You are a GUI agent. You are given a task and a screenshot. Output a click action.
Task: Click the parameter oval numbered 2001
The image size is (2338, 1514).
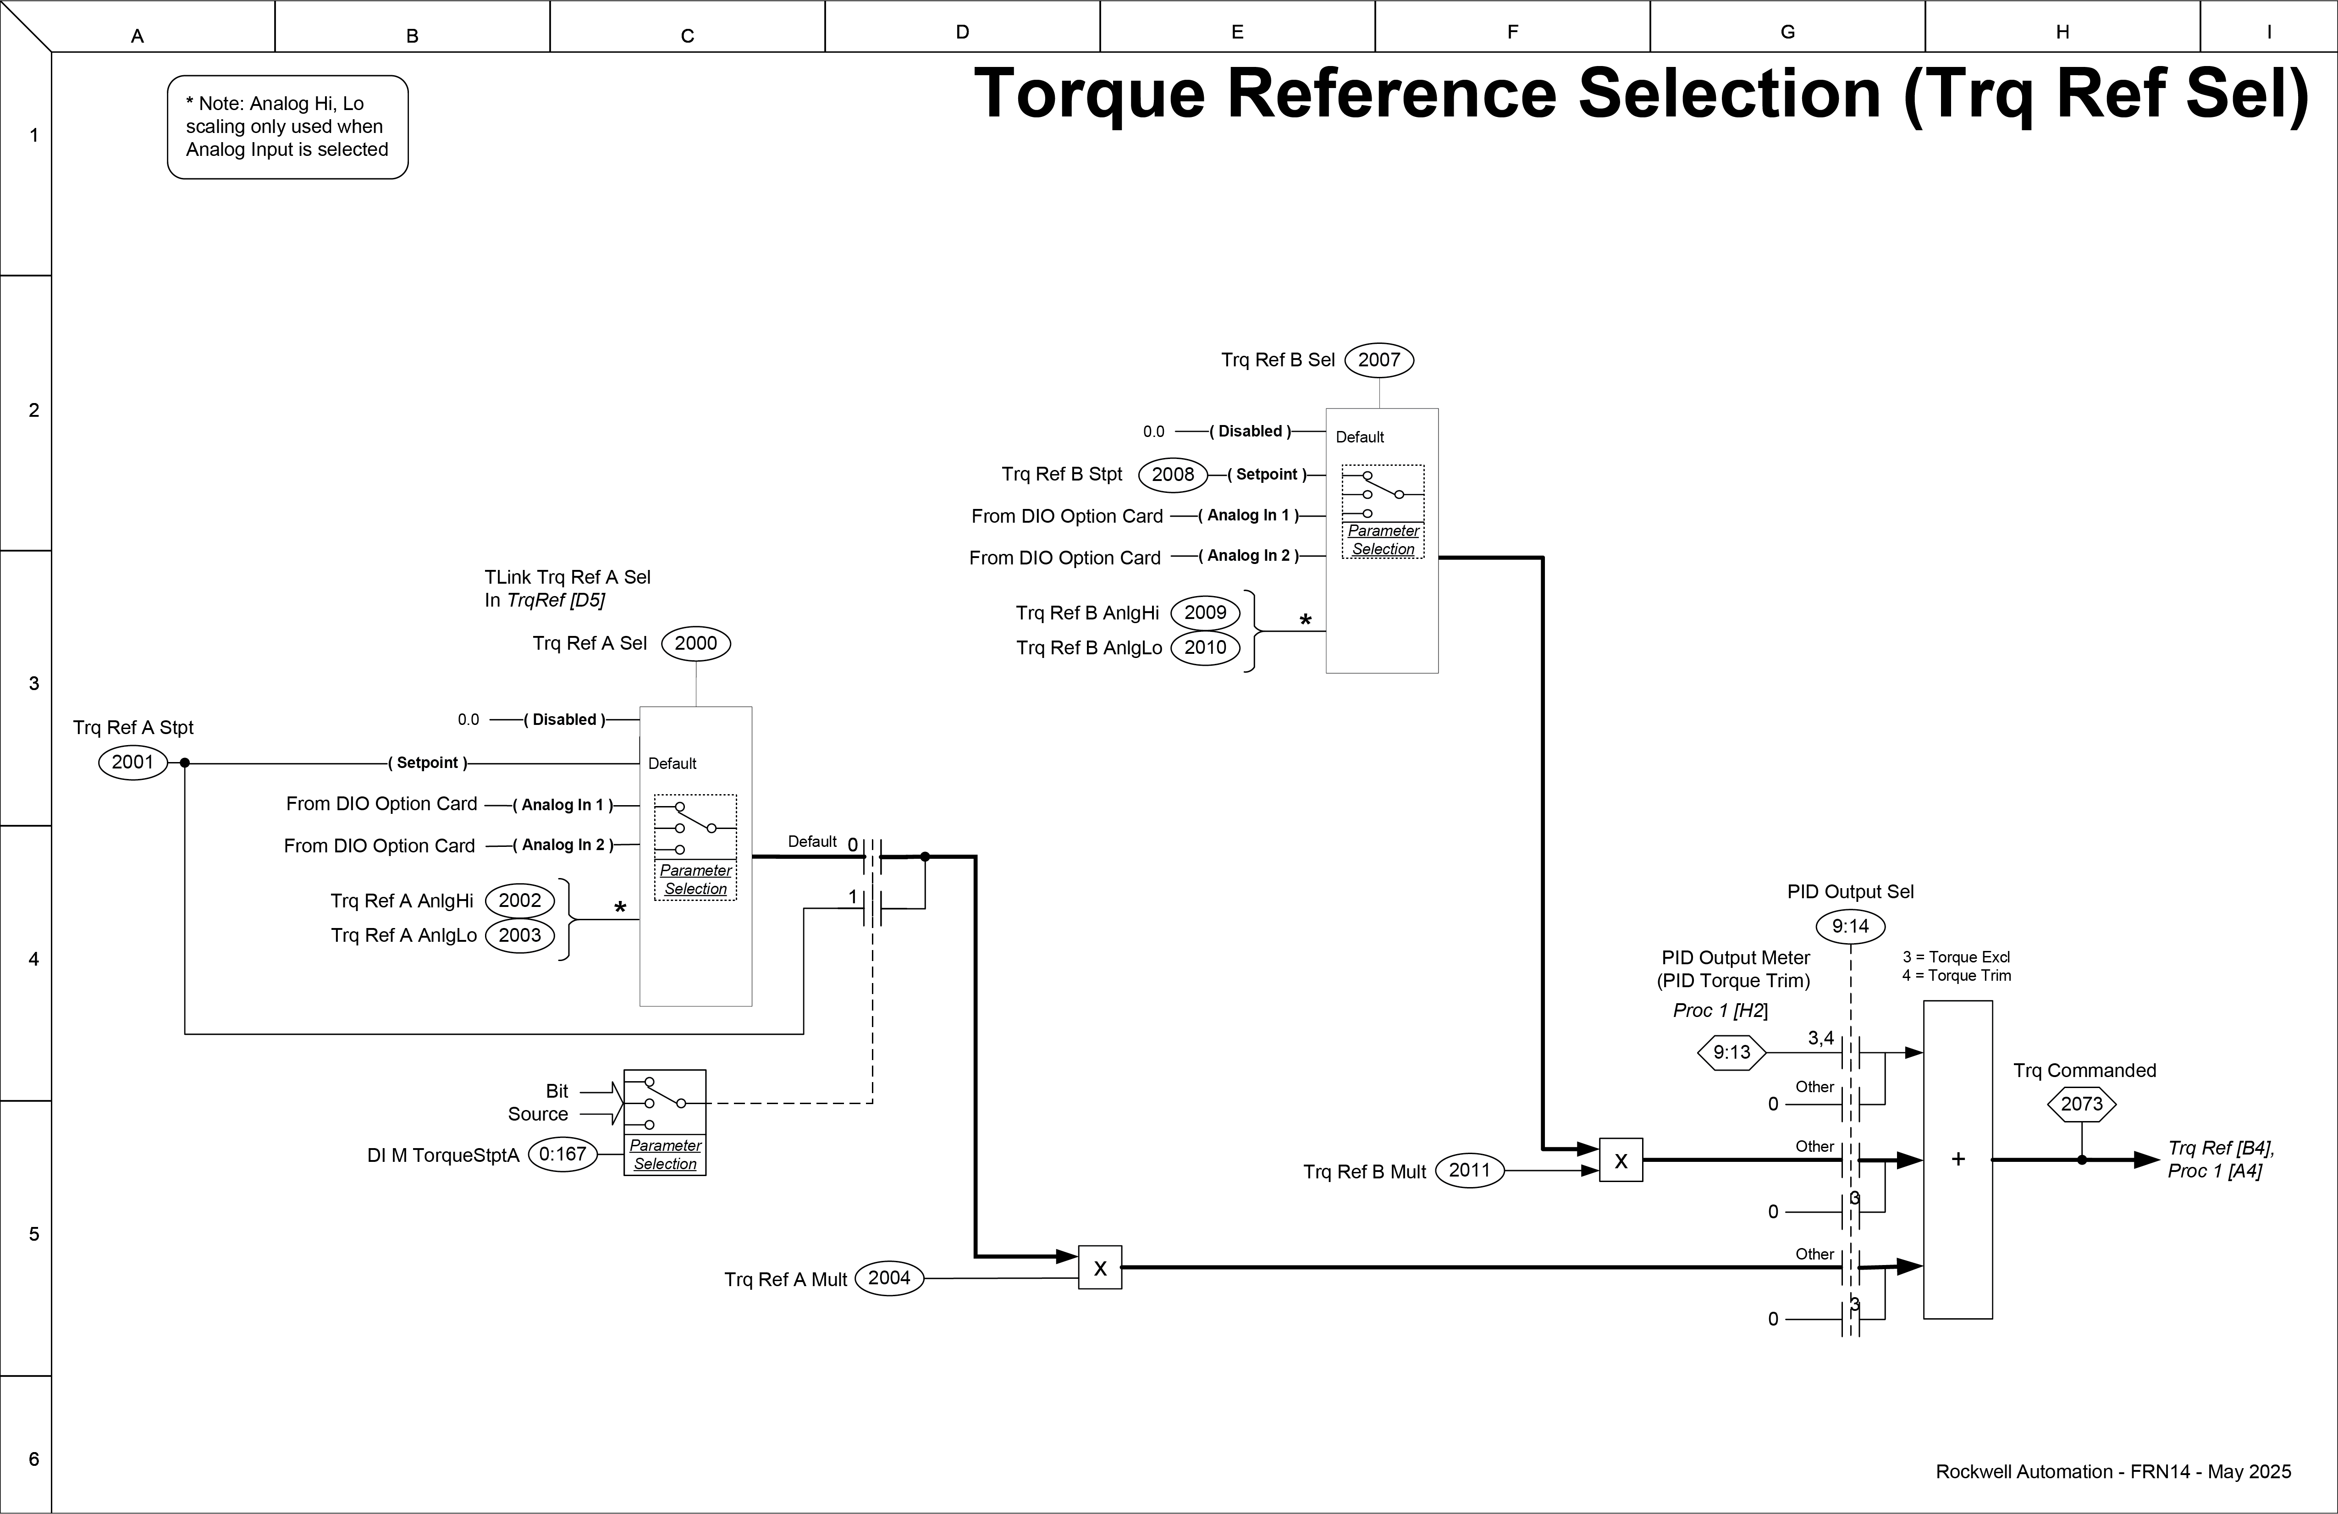click(x=132, y=763)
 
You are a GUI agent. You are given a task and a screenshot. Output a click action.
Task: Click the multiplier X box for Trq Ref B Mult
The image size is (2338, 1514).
click(x=1621, y=1160)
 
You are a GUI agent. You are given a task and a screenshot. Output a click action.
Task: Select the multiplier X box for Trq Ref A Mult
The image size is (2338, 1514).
click(x=1100, y=1267)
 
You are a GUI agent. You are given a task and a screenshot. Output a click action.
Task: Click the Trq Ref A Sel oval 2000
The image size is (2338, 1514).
click(x=695, y=644)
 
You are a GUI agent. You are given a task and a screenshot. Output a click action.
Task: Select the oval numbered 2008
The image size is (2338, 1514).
click(x=1173, y=475)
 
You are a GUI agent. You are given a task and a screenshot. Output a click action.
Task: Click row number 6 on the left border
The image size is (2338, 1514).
click(x=33, y=1459)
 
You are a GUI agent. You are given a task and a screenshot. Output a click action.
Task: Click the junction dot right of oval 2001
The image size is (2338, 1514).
click(x=185, y=763)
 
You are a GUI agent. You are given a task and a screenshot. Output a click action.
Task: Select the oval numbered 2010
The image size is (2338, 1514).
click(x=1205, y=647)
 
